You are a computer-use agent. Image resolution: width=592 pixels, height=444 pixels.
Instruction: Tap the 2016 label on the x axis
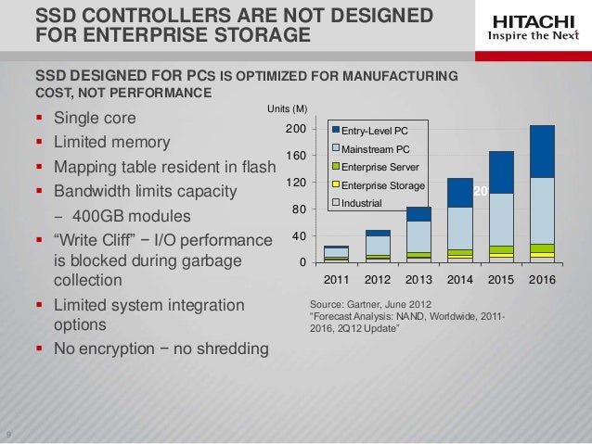click(542, 278)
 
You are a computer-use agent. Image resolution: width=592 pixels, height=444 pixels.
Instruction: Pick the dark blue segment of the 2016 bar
click(542, 151)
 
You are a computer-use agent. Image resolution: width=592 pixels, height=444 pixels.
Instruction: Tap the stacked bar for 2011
click(336, 254)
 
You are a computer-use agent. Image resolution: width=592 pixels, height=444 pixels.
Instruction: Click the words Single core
click(95, 119)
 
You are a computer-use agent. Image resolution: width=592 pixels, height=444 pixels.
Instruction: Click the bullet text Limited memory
click(111, 143)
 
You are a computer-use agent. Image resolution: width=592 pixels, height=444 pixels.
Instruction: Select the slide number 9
click(8, 437)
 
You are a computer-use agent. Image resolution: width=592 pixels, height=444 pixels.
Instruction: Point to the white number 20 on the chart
click(480, 190)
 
